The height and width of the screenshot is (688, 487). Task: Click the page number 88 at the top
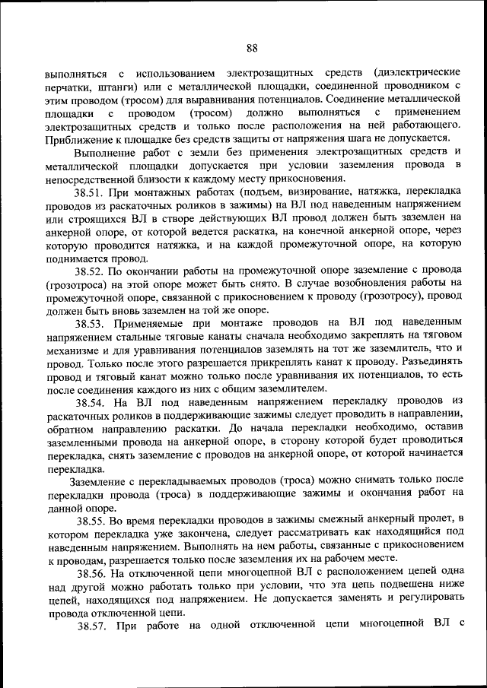point(252,48)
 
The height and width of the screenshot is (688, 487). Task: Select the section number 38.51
point(90,193)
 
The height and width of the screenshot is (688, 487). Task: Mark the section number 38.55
point(93,520)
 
